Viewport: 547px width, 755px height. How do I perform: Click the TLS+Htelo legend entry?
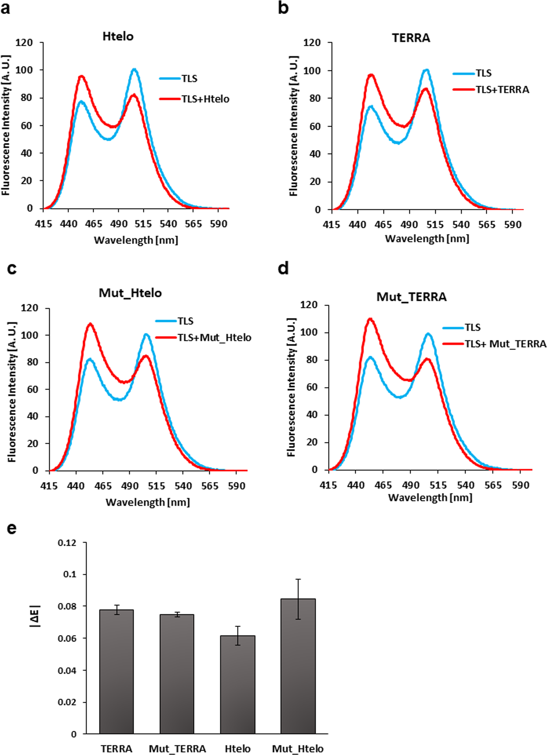pyautogui.click(x=205, y=99)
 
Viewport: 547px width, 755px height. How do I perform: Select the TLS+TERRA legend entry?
pyautogui.click(x=502, y=89)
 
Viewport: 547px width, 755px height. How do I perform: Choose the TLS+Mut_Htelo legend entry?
pyautogui.click(x=214, y=338)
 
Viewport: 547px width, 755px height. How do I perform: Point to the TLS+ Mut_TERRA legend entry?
pyautogui.click(x=505, y=344)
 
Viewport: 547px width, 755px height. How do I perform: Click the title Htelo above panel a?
pyautogui.click(x=118, y=36)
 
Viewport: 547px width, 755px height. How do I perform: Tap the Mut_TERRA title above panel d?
pyautogui.click(x=412, y=297)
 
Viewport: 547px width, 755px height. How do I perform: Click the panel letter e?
pyautogui.click(x=12, y=528)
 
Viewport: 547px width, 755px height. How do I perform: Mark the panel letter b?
pyautogui.click(x=283, y=8)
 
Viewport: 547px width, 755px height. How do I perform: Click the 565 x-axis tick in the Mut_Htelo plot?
pyautogui.click(x=210, y=486)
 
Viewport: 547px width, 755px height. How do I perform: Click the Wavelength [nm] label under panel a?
pyautogui.click(x=136, y=240)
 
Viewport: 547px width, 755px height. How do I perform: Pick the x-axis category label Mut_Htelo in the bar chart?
pyautogui.click(x=298, y=749)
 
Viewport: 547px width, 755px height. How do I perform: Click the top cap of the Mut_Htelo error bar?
pyautogui.click(x=298, y=579)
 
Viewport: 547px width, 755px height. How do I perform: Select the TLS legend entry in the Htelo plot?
pyautogui.click(x=189, y=78)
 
